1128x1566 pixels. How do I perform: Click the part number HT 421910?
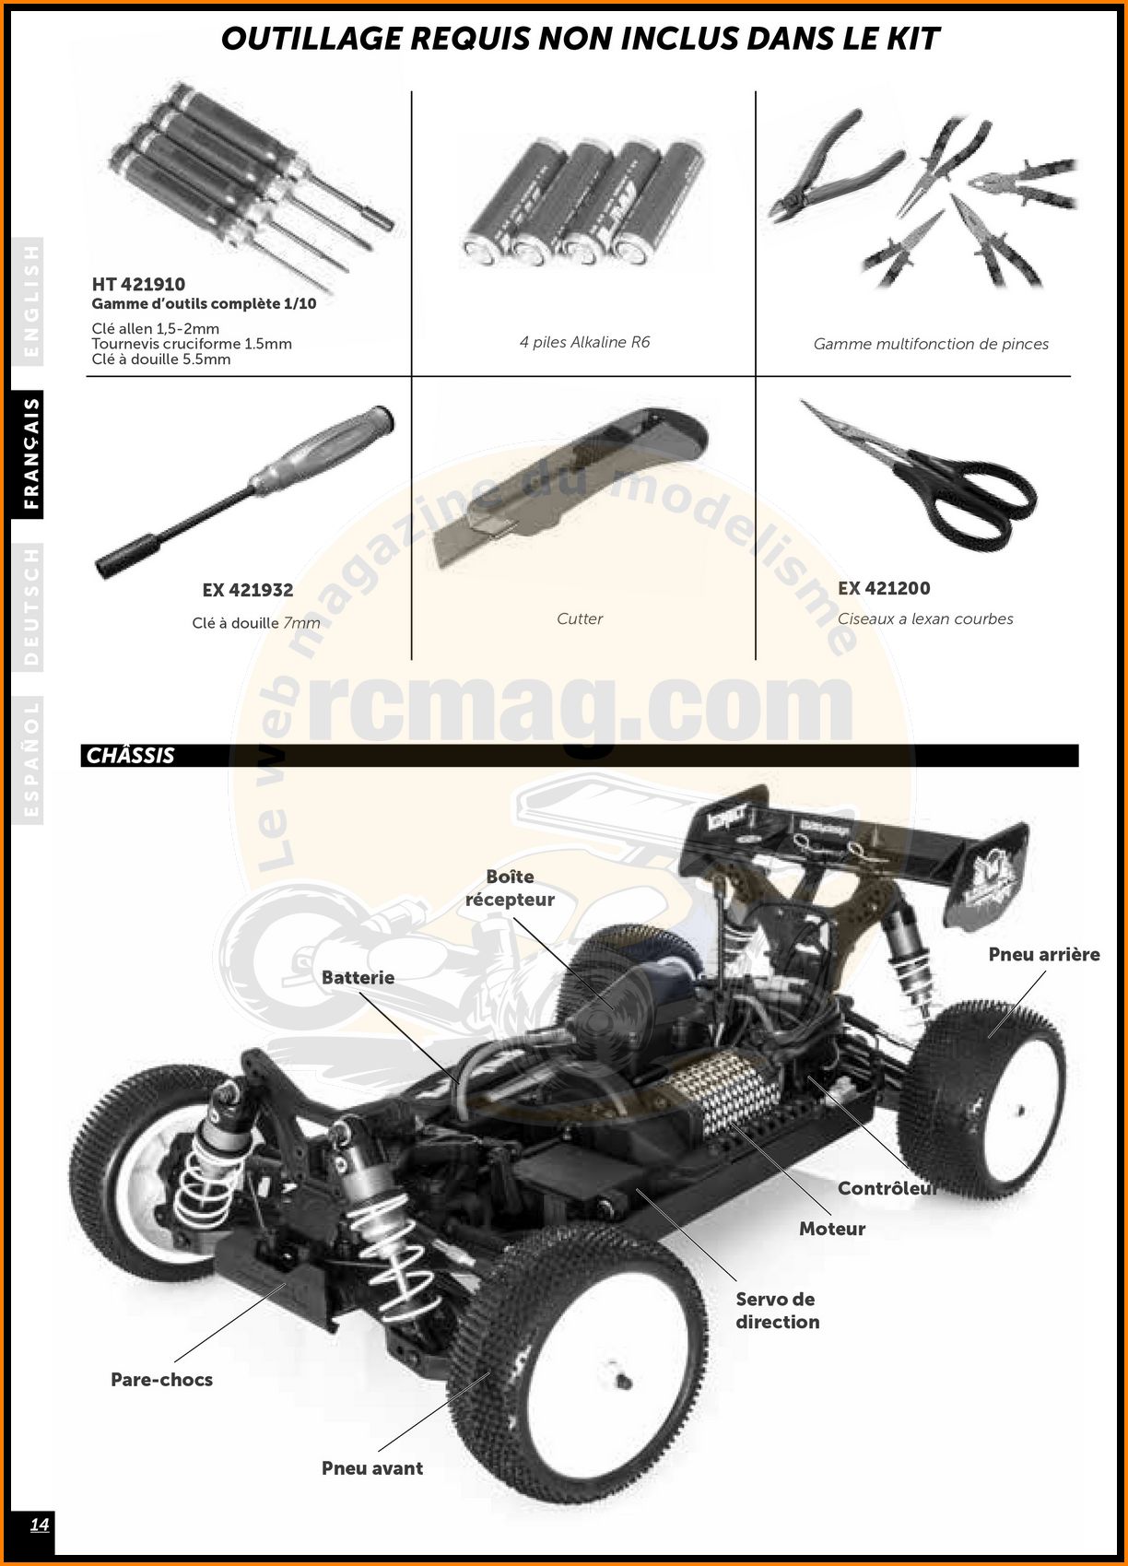138,285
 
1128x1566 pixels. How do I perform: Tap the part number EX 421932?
248,590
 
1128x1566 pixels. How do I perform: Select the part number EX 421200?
884,589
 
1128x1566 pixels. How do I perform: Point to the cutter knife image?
570,489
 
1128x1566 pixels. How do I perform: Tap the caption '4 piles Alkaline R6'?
585,342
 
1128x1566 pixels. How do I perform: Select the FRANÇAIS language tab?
31,453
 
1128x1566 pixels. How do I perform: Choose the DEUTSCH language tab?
31,606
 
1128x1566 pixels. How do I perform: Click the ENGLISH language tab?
31,301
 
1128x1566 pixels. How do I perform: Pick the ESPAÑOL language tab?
31,759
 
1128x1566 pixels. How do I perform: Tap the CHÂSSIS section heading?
130,755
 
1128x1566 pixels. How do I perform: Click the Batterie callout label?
358,977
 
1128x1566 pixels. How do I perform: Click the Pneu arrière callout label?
1044,954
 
